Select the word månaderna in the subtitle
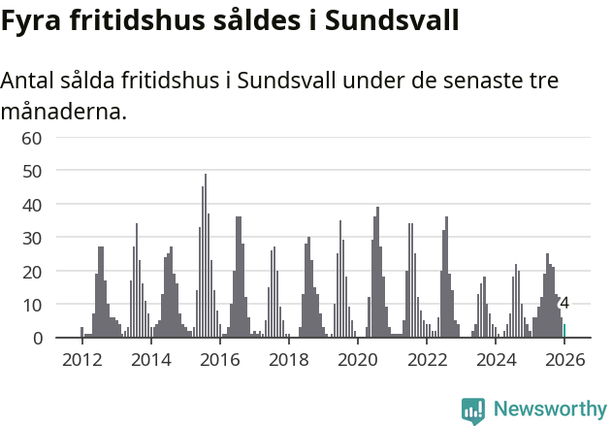click(x=64, y=112)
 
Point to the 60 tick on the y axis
click(x=32, y=138)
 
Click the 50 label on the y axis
click(x=32, y=171)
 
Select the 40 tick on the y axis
click(x=32, y=205)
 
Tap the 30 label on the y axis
click(x=32, y=238)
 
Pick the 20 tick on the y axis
click(x=32, y=272)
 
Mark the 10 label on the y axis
click(x=32, y=305)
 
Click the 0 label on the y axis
click(x=37, y=338)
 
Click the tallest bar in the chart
click(x=205, y=256)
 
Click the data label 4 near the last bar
click(x=564, y=304)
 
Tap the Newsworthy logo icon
click(x=473, y=410)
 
